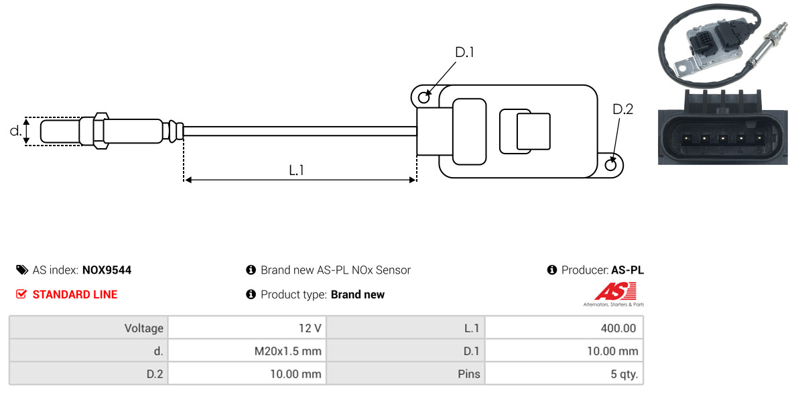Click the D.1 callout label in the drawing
(x=464, y=52)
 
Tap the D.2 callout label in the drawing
(x=622, y=109)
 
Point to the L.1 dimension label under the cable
(x=296, y=170)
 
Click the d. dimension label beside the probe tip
(x=15, y=131)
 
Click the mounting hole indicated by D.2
(x=611, y=164)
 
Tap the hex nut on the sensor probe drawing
(x=101, y=131)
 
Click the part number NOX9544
(x=107, y=270)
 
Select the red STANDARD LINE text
(x=75, y=294)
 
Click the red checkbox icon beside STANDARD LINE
(x=21, y=294)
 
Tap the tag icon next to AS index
(x=21, y=270)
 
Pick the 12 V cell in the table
(x=247, y=328)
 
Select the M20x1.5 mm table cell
(x=247, y=351)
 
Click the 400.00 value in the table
(x=564, y=328)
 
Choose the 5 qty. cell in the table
(x=564, y=374)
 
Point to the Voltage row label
(x=144, y=328)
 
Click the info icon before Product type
(x=251, y=294)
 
